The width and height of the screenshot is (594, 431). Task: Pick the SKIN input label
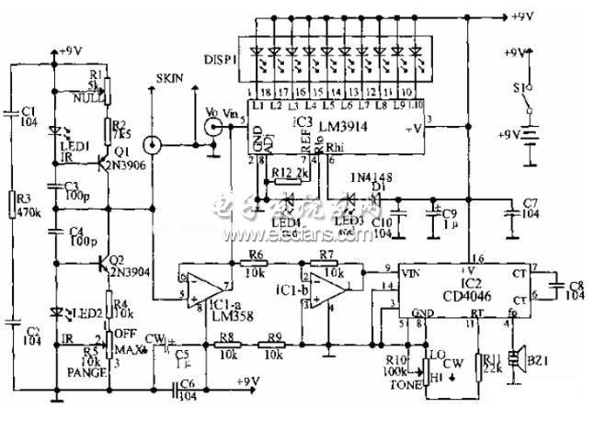tap(172, 79)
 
